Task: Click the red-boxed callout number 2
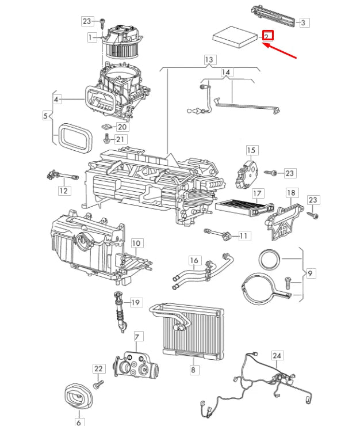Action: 267,36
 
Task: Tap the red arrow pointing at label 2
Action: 279,50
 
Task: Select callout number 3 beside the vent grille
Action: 304,22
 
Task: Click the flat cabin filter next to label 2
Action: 235,37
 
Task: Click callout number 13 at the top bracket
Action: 209,60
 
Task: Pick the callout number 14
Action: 226,73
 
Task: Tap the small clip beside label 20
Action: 107,126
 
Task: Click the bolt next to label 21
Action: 107,139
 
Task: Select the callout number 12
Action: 64,191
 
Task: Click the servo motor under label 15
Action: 247,174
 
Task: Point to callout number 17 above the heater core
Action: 258,193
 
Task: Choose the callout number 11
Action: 244,235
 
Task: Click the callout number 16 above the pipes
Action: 194,260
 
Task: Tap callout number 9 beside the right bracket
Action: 310,273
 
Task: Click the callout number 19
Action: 136,302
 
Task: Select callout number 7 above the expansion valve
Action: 137,337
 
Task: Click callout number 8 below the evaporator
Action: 193,370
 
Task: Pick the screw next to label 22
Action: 98,383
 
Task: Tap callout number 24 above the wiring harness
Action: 277,356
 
